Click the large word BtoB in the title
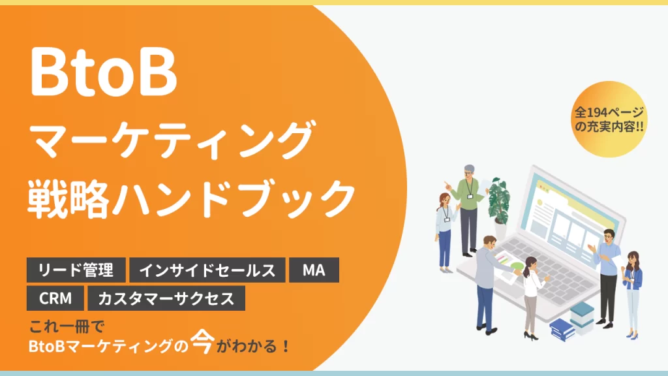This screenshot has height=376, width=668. (103, 72)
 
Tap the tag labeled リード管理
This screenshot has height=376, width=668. (76, 270)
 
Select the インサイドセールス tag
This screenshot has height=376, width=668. (207, 270)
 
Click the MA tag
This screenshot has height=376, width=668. (314, 270)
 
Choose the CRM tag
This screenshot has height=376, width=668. (55, 298)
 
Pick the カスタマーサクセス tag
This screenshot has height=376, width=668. (166, 298)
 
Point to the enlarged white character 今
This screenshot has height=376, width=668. (202, 341)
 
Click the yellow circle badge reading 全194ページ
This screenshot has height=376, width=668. (609, 119)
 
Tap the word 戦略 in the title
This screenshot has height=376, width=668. (68, 199)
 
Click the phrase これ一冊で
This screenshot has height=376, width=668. (67, 327)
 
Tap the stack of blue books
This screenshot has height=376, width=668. (562, 329)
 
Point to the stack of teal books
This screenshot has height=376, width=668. (582, 316)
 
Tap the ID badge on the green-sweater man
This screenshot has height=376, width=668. (470, 196)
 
